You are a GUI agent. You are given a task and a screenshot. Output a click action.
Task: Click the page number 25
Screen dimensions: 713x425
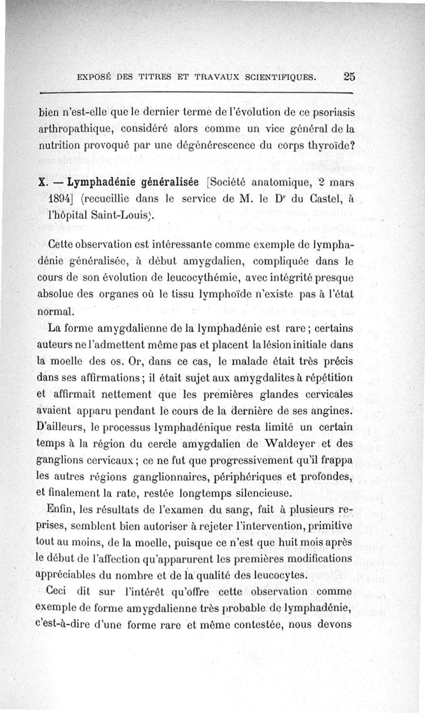tap(348, 76)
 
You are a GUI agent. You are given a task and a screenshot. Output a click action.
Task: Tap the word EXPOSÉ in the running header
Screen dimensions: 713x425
tap(95, 77)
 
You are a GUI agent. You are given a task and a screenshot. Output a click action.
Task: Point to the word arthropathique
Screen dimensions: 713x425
tap(77, 129)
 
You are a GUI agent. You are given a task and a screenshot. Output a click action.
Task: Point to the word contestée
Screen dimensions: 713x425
tap(250, 623)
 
